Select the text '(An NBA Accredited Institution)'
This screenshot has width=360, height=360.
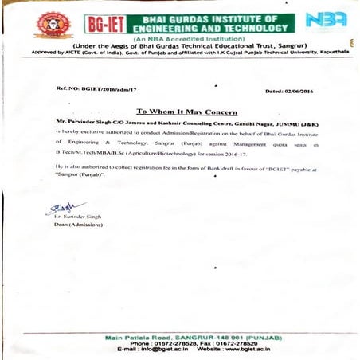pos(178,37)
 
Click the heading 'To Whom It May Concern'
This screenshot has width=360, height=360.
pos(186,112)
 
